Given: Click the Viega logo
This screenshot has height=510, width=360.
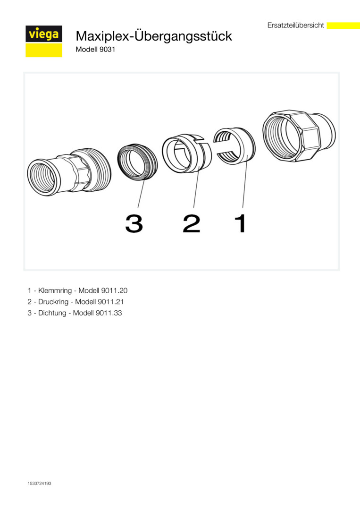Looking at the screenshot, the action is [44, 41].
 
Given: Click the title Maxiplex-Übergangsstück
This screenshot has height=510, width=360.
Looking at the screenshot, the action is [154, 36].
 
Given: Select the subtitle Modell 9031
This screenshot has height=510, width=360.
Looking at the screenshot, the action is [95, 50].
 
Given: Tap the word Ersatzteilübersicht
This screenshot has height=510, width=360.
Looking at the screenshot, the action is [295, 25].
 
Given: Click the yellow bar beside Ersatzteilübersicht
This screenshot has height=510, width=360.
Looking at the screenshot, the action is [343, 25].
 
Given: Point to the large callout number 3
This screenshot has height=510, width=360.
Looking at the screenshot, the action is [134, 223].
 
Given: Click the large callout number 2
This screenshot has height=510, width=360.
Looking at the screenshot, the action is [192, 223].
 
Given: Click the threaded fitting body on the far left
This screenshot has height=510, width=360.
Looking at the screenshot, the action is [69, 172].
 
